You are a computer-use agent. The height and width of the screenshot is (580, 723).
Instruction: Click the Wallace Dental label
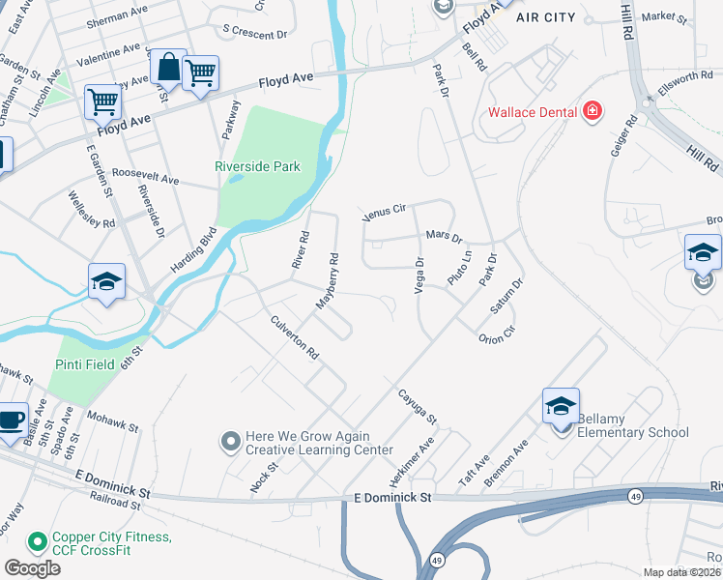533,112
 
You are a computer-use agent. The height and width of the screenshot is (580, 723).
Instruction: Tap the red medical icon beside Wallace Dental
593,112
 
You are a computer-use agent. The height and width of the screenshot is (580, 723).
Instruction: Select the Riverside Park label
257,166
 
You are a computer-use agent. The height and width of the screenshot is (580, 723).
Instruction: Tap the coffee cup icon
11,420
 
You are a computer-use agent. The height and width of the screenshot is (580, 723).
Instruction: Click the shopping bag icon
168,68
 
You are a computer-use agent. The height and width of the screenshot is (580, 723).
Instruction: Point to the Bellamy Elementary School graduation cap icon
561,406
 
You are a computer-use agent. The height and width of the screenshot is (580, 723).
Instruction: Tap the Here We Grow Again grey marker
230,443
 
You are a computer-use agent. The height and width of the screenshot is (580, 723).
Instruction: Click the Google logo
33,567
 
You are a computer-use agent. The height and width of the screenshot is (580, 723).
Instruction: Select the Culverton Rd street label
295,338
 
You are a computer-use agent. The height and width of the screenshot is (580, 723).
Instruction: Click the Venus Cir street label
388,212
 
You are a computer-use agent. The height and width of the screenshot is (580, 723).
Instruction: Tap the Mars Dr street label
445,236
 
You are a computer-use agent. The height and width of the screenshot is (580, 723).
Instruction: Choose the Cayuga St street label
418,406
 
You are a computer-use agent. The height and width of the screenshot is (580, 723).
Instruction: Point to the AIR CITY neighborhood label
545,17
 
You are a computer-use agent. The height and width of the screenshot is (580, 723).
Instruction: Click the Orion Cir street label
497,334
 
